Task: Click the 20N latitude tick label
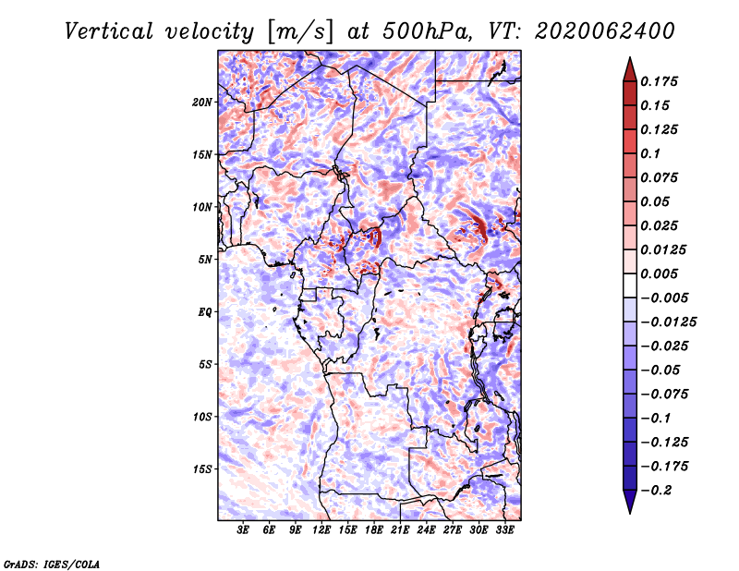(202, 103)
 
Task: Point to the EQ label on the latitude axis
(204, 312)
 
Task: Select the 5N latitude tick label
(205, 260)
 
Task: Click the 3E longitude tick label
(243, 529)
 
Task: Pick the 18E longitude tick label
(374, 529)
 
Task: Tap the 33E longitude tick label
(504, 529)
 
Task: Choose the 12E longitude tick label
(321, 529)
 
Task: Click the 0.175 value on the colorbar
(660, 81)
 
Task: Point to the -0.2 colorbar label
(656, 491)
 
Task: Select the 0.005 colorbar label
(660, 273)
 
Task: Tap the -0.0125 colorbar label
(668, 322)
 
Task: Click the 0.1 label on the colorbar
(651, 153)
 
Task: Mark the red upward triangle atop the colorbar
(630, 69)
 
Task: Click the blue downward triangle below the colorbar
(630, 502)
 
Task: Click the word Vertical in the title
(109, 31)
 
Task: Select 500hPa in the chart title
(427, 31)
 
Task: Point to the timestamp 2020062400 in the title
(605, 31)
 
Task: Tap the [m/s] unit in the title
(300, 32)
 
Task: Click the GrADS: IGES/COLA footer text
(52, 564)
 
